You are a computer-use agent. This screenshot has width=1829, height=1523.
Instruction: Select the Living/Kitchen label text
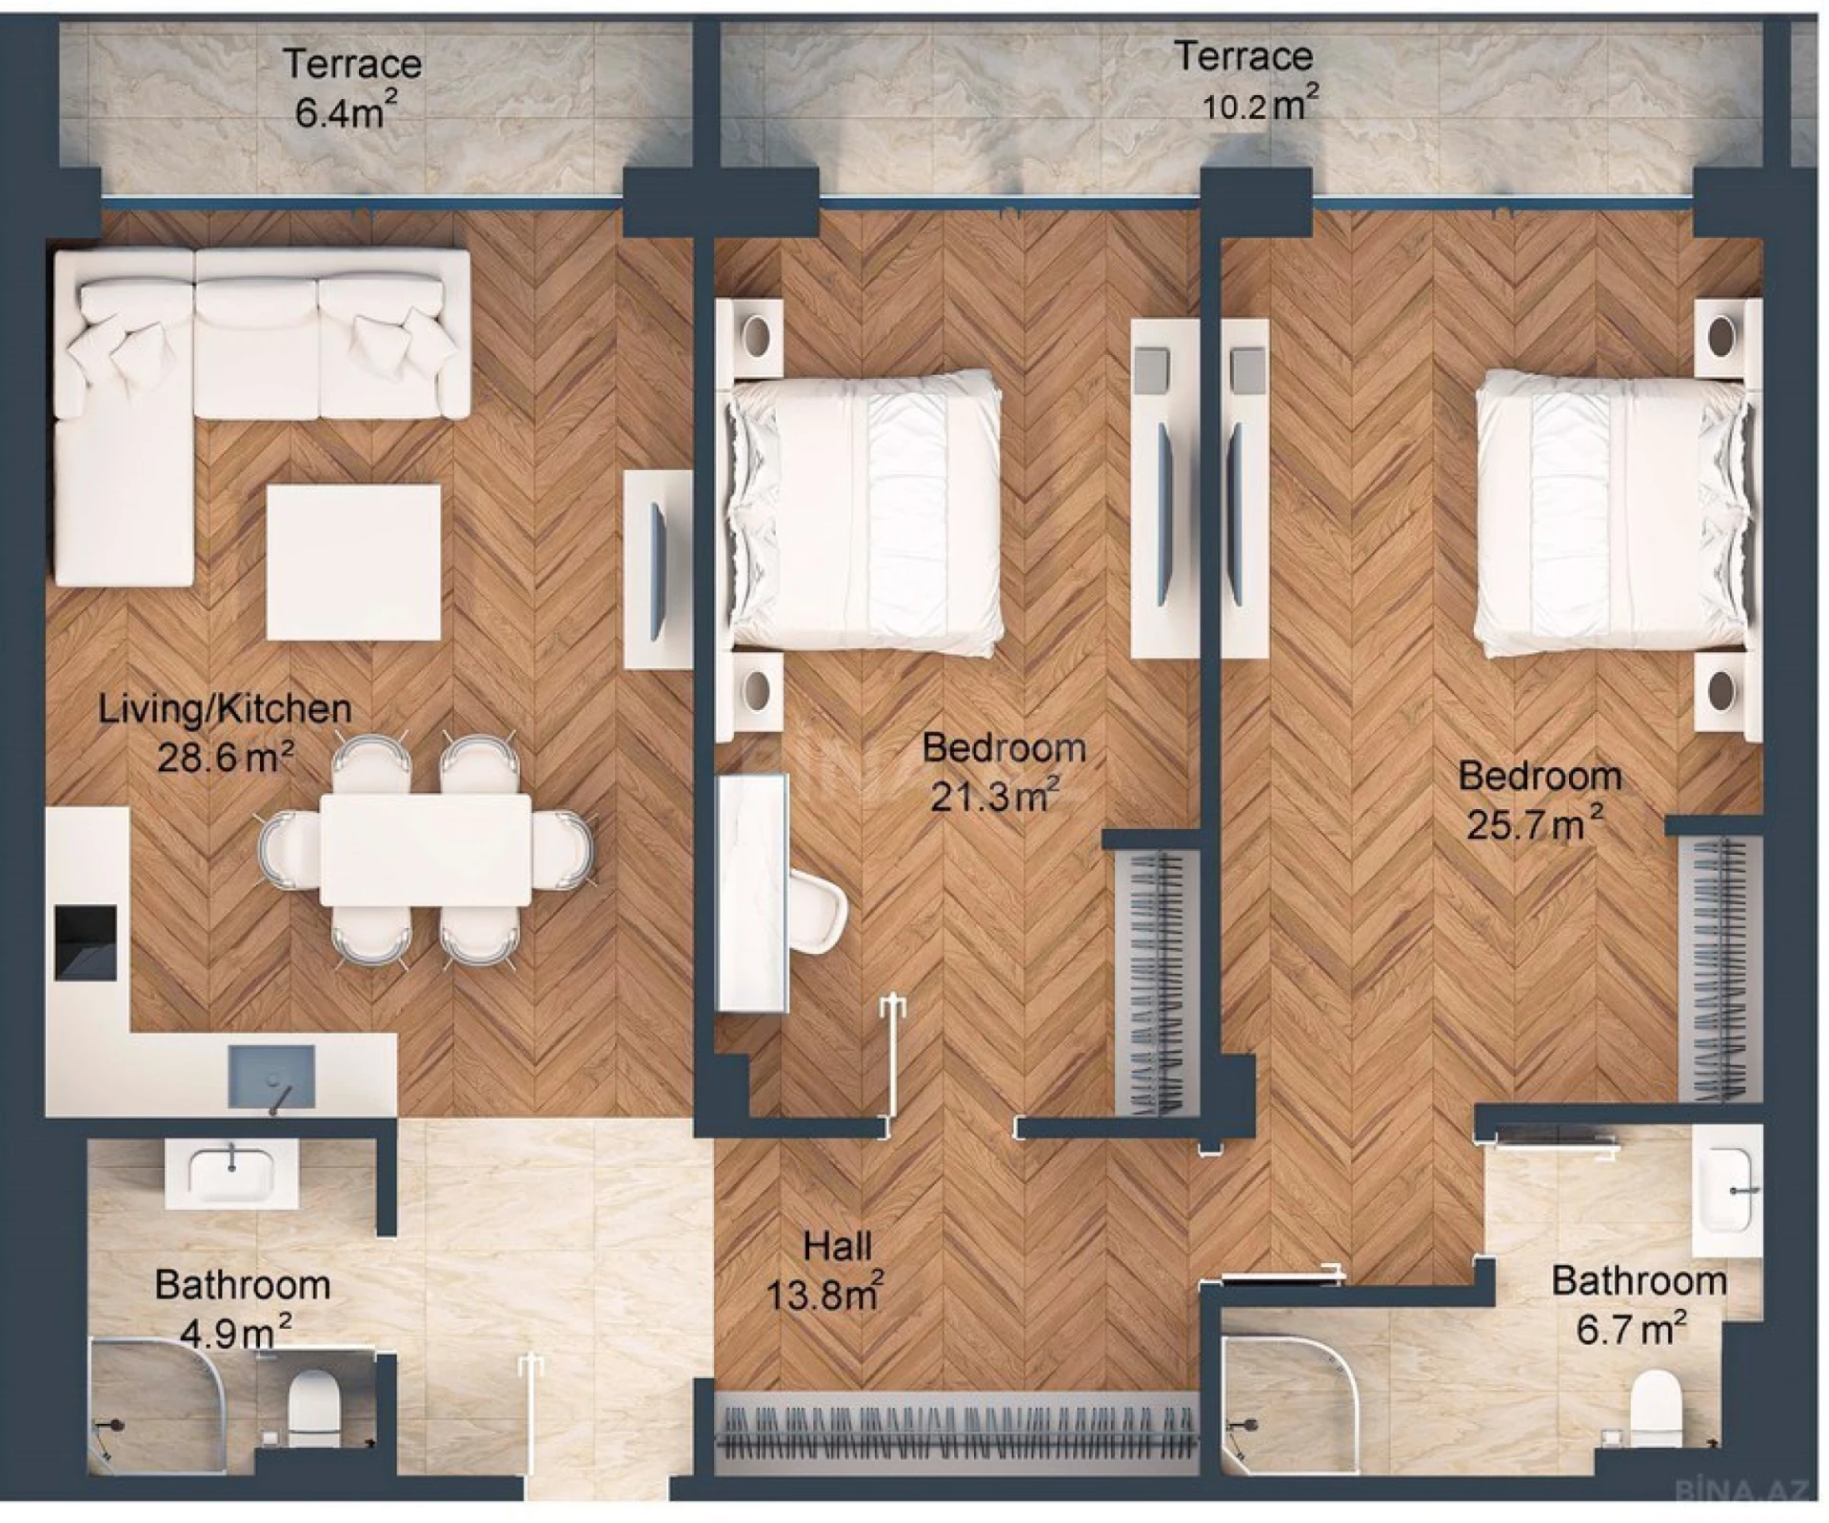tap(225, 709)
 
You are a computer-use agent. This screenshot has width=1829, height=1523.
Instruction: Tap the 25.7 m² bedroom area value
tap(1534, 823)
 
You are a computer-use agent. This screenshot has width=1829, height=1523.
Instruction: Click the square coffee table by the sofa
tap(353, 563)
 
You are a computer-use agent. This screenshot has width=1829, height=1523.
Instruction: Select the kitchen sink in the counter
tap(271, 1076)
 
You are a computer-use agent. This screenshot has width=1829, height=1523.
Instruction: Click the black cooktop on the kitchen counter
tap(86, 942)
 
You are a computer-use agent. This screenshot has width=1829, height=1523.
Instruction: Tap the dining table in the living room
tap(425, 850)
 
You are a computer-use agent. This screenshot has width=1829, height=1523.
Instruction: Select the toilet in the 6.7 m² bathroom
tap(1654, 1407)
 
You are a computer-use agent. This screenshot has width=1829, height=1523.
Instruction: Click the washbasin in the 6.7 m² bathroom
tap(1725, 1190)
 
